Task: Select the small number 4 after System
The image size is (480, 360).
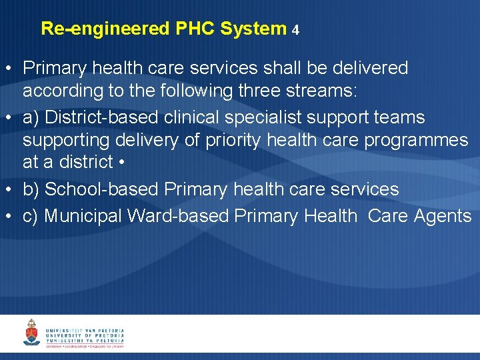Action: point(295,30)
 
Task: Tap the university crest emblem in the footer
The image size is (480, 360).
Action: point(31,332)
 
